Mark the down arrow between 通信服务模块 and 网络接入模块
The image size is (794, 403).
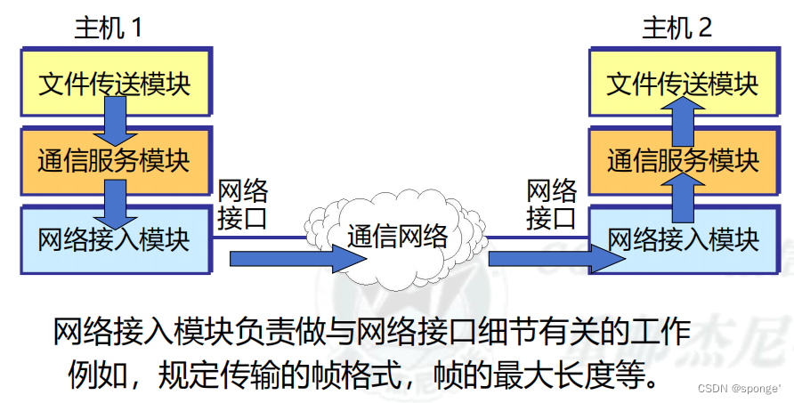[x=115, y=201]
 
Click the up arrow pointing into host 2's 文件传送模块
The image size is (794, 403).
[x=682, y=122]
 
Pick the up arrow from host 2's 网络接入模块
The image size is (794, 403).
[x=682, y=197]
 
